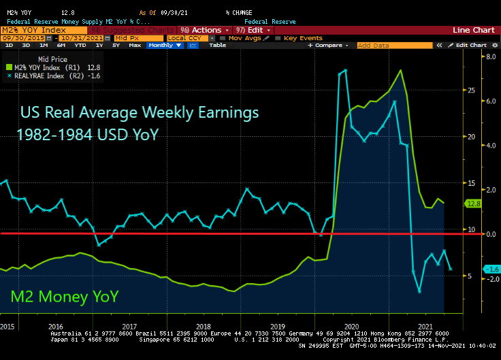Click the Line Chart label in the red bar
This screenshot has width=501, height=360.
[474, 30]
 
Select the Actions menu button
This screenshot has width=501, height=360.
[206, 30]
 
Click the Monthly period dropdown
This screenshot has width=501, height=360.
[163, 45]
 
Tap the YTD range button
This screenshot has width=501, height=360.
[80, 45]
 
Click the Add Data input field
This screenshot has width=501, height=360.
[393, 45]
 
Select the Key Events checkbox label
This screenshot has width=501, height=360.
[303, 38]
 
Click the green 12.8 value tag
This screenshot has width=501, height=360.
[473, 203]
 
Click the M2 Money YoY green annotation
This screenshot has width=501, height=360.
[65, 296]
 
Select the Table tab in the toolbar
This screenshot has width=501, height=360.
[217, 45]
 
